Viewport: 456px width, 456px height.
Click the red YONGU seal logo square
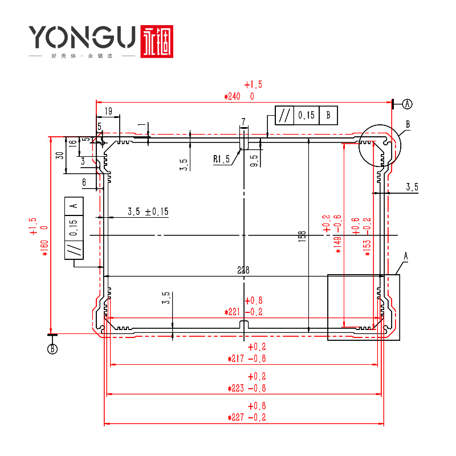click(x=157, y=41)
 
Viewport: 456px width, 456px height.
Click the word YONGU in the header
click(x=83, y=39)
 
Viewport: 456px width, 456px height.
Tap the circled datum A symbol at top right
click(x=408, y=104)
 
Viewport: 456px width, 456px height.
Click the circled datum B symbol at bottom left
click(x=52, y=349)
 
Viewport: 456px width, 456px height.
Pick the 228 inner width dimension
click(x=244, y=270)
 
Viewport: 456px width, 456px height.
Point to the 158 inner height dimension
click(x=302, y=235)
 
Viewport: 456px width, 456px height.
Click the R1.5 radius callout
click(x=222, y=160)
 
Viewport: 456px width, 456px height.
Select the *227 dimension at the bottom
click(x=247, y=418)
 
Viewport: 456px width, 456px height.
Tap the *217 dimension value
click(x=247, y=359)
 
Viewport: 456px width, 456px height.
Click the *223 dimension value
click(x=247, y=388)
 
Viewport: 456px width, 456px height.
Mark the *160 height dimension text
click(x=44, y=245)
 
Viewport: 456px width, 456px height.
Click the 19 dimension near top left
click(x=108, y=111)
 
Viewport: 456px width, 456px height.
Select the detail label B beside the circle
click(x=408, y=124)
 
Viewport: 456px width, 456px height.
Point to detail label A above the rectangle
click(x=406, y=257)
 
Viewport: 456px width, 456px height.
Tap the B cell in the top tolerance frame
click(x=328, y=115)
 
